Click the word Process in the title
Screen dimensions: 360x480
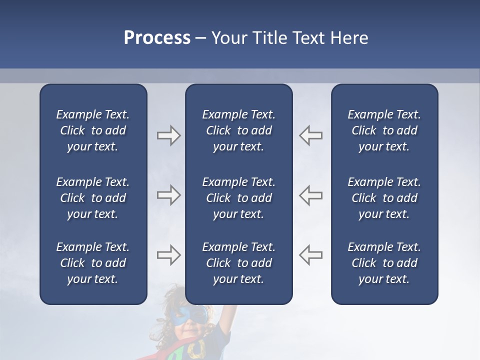(157, 38)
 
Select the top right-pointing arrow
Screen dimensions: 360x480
(168, 135)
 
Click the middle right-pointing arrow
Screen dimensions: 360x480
(168, 195)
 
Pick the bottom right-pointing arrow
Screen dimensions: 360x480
(168, 255)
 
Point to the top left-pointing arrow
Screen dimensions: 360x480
(311, 135)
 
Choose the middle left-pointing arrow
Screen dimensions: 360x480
(311, 195)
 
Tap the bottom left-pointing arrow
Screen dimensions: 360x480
(311, 255)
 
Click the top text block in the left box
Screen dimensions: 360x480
(93, 130)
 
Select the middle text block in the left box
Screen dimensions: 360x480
(93, 198)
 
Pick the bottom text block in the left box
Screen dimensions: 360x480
(93, 263)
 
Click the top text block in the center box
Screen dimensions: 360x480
(239, 130)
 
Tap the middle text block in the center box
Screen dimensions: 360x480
(239, 198)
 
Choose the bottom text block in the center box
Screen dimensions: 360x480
(239, 263)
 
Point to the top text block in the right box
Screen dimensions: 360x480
(384, 130)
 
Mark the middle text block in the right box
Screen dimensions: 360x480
(384, 198)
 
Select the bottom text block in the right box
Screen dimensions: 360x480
(384, 263)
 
